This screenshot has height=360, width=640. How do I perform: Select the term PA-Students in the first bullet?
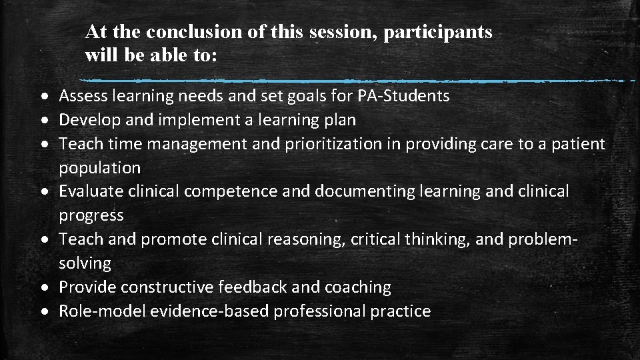tap(403, 96)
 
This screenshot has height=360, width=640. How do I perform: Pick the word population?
tap(99, 168)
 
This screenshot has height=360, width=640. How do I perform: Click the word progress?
tap(91, 215)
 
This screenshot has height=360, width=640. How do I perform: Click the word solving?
tap(85, 263)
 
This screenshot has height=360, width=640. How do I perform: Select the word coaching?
tap(358, 287)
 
